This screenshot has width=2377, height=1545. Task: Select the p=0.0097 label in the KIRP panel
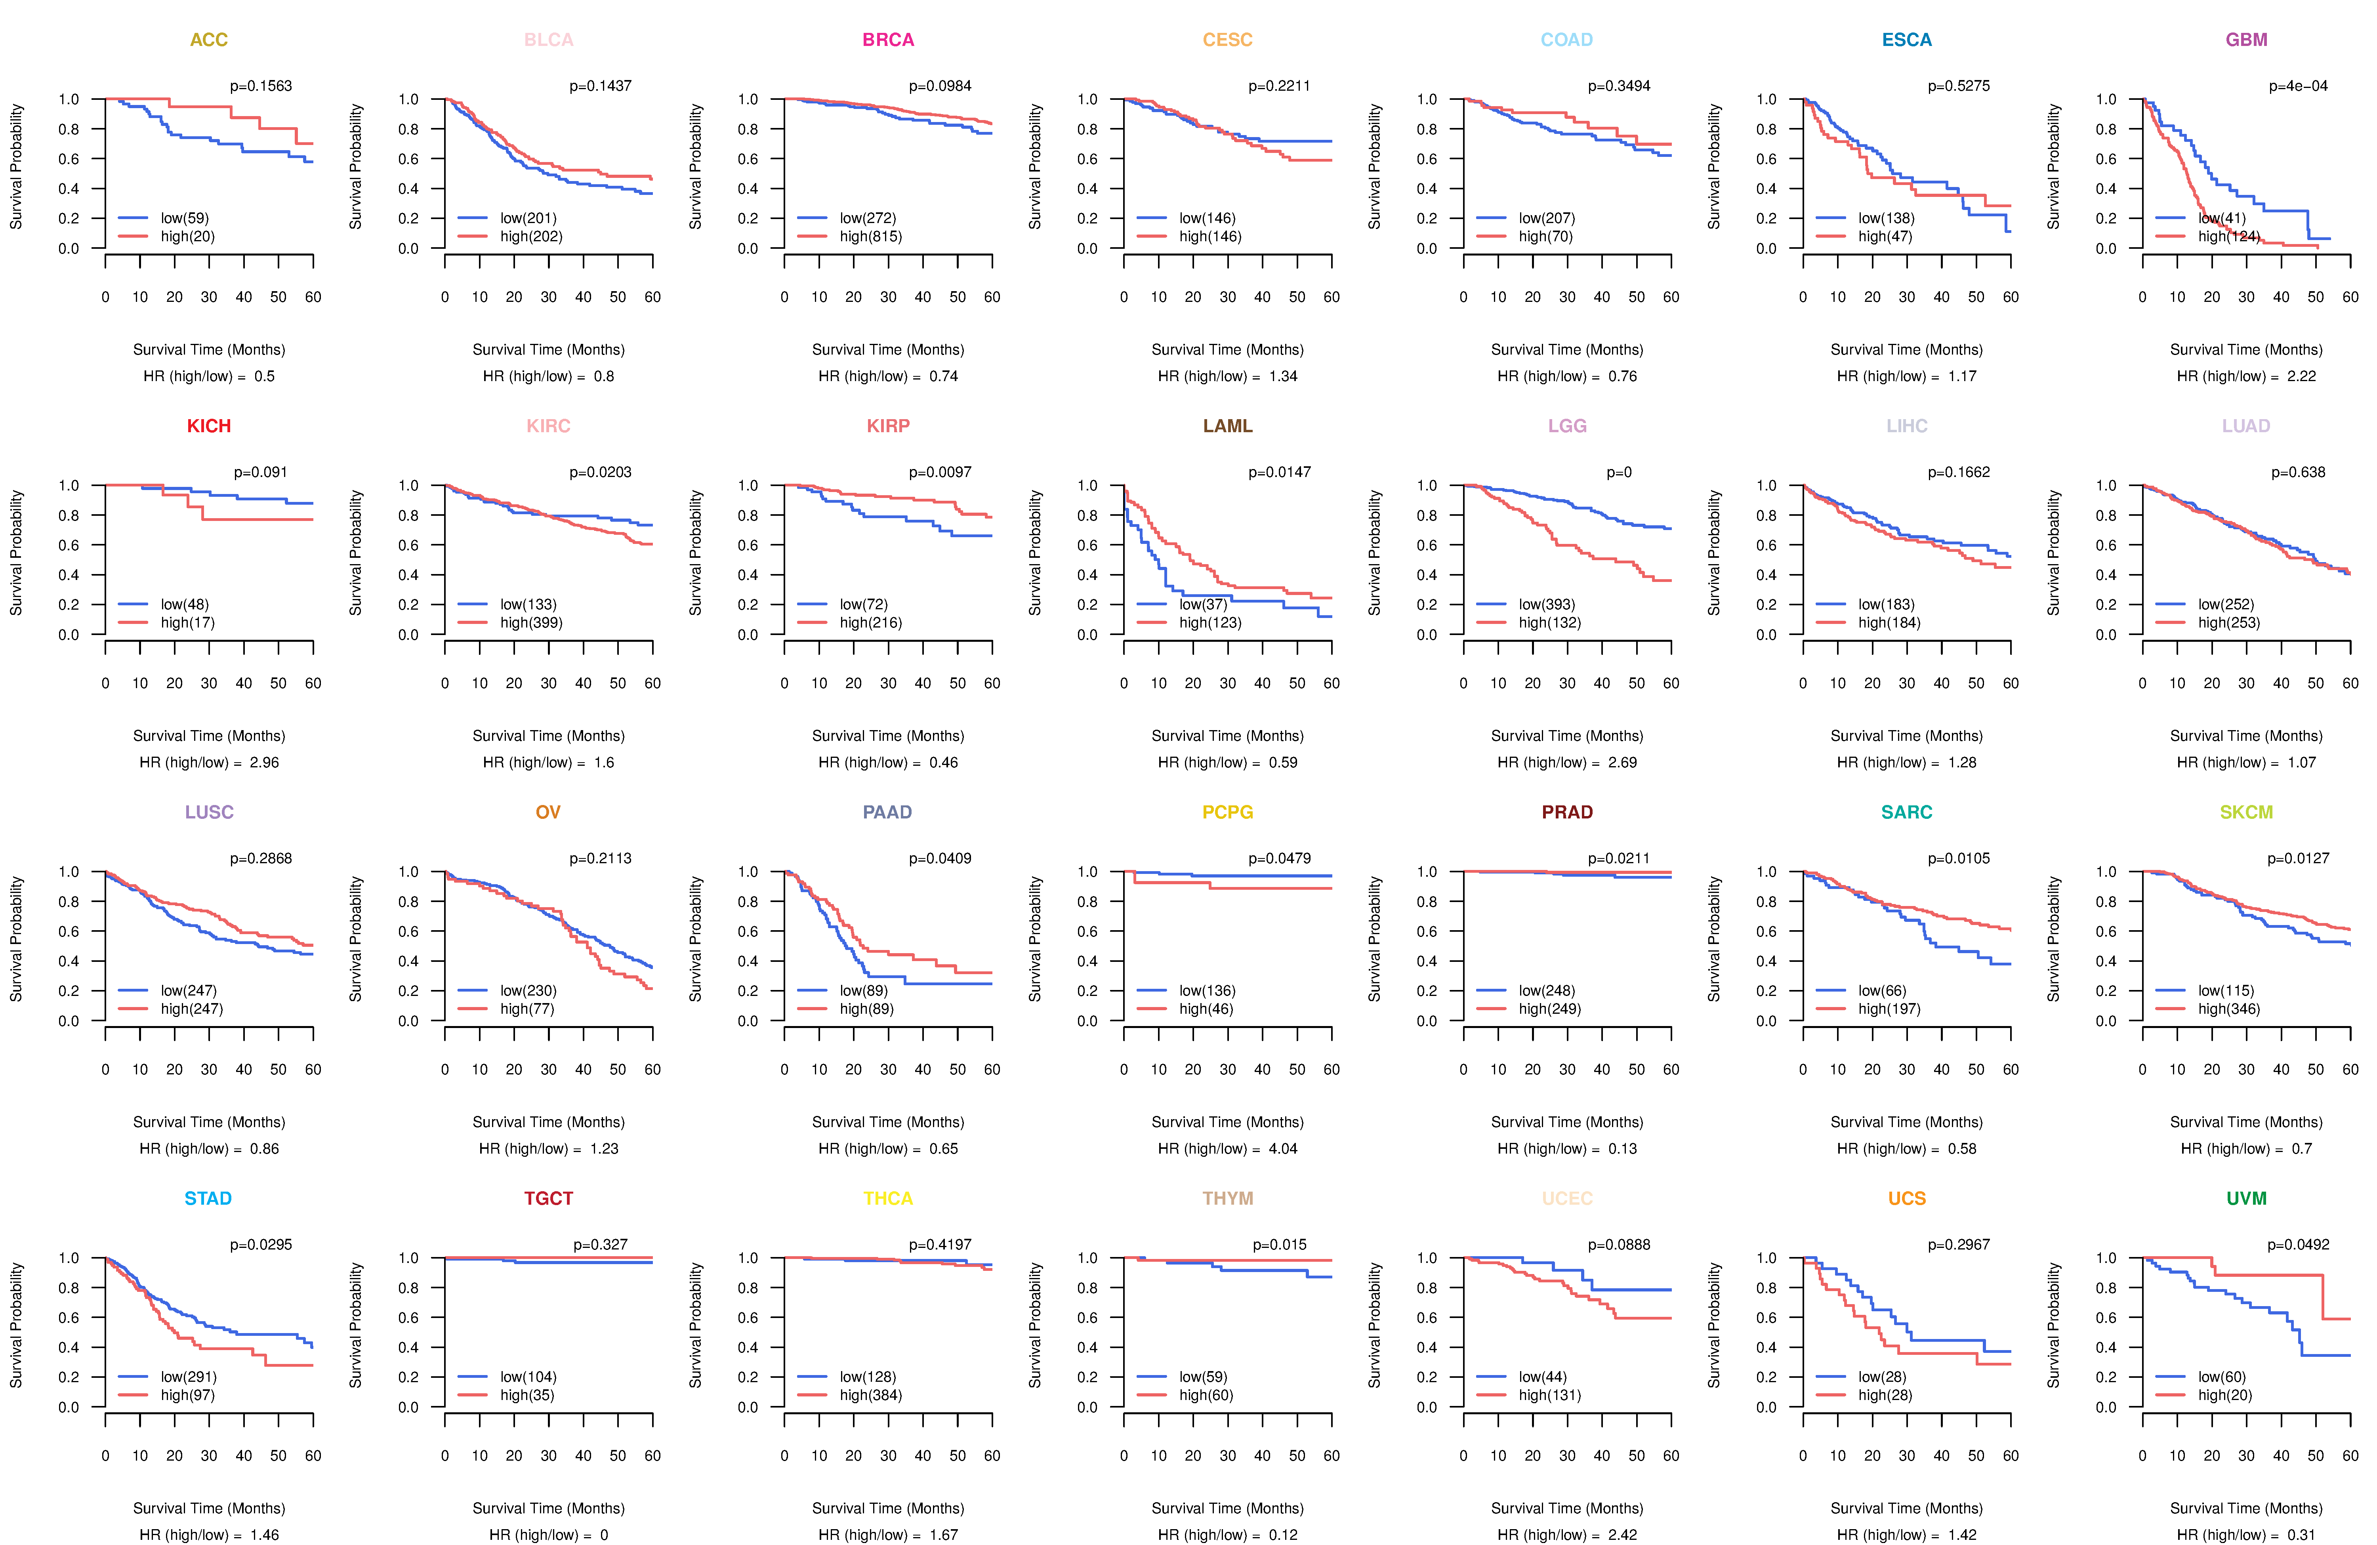coord(940,472)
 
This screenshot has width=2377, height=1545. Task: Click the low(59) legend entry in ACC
coord(185,218)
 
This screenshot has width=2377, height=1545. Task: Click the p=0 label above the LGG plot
coord(1619,472)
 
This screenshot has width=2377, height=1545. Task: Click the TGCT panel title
coord(548,1198)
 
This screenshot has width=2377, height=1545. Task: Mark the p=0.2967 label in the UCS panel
coord(1959,1244)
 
